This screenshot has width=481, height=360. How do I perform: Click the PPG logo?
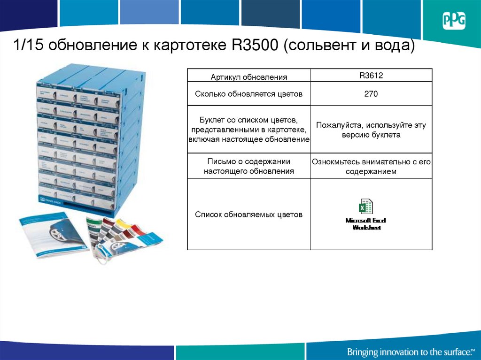tap(454, 21)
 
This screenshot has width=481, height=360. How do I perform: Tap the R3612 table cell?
tap(371, 75)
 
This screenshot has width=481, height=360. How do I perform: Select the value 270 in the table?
tap(371, 94)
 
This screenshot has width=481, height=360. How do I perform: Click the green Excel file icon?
tap(366, 207)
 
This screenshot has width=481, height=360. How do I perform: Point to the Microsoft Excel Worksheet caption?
tap(366, 224)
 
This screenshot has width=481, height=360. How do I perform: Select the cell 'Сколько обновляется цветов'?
tap(248, 94)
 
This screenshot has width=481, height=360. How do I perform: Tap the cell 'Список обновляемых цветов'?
tap(248, 214)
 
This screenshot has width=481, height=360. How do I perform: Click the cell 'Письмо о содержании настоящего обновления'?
tap(248, 167)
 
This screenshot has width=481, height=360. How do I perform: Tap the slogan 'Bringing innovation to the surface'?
tap(410, 352)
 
